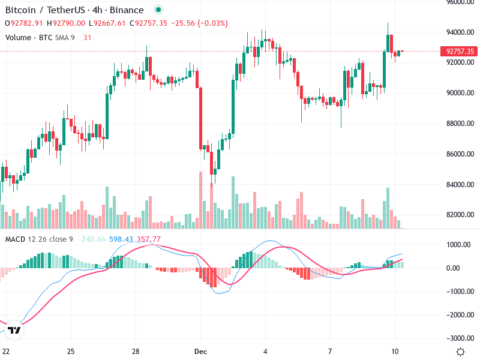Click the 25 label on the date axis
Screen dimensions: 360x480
pos(71,351)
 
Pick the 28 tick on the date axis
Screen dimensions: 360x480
pos(136,351)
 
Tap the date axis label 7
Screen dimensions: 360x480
pos(331,351)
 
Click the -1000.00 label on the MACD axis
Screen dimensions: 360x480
pos(460,292)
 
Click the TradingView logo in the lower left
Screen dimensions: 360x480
pos(15,331)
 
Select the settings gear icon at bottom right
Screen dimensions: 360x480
pos(460,352)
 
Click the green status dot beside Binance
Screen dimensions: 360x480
pos(158,10)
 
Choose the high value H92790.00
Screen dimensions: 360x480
pos(68,23)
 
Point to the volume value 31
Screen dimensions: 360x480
pos(88,37)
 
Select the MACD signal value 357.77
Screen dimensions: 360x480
pos(148,239)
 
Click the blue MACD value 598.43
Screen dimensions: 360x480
pos(122,239)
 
